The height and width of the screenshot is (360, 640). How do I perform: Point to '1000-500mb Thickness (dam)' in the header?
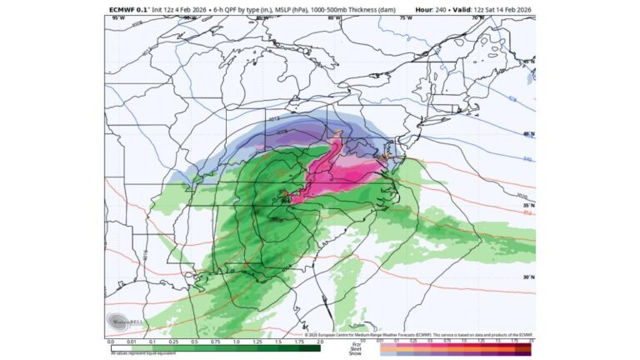(x=309, y=10)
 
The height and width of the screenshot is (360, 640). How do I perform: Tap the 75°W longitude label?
(x=406, y=18)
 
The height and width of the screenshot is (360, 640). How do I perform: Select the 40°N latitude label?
(x=527, y=133)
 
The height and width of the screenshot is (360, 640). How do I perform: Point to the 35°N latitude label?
(x=527, y=204)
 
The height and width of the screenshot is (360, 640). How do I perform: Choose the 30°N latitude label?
(x=527, y=277)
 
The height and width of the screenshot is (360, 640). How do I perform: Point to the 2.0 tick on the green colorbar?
(x=320, y=342)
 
